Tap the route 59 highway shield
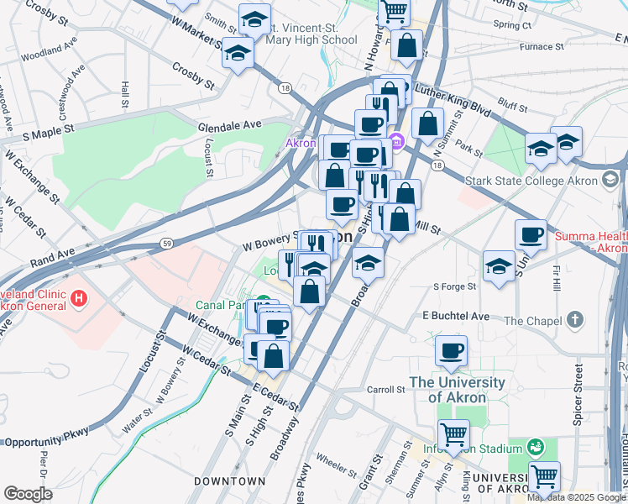tap(166, 244)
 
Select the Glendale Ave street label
tap(230, 126)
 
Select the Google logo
tap(28, 494)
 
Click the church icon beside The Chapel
tap(574, 320)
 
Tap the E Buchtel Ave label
tap(461, 316)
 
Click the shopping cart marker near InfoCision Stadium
tap(454, 434)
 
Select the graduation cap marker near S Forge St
tap(500, 266)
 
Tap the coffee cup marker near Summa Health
tap(531, 235)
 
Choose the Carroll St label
tap(386, 390)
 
